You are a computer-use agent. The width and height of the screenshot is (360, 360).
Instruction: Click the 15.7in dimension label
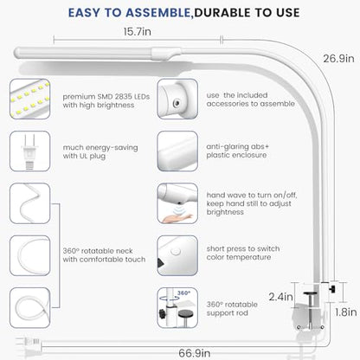pyautogui.click(x=137, y=31)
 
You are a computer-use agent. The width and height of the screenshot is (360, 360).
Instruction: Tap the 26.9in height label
pyautogui.click(x=338, y=59)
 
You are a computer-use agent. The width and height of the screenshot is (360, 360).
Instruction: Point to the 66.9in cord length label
pyautogui.click(x=194, y=353)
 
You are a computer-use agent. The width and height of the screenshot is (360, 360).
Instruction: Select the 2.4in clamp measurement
pyautogui.click(x=280, y=296)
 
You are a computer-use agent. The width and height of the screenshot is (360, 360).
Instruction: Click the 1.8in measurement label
pyautogui.click(x=345, y=312)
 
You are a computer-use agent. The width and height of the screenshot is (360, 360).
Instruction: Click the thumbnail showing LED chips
pyautogui.click(x=30, y=99)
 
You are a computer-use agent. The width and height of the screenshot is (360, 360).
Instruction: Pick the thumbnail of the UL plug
pyautogui.click(x=30, y=151)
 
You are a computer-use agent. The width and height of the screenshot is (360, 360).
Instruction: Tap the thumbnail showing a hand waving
pyautogui.click(x=177, y=203)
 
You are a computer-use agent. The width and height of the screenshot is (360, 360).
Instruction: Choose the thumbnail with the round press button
pyautogui.click(x=177, y=255)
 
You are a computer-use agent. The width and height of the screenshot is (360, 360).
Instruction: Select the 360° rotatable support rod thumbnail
pyautogui.click(x=177, y=308)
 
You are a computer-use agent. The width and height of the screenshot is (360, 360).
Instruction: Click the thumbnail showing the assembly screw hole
pyautogui.click(x=177, y=99)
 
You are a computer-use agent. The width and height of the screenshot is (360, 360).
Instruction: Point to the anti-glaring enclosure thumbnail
pyautogui.click(x=177, y=151)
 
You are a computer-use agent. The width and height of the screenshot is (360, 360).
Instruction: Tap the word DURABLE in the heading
pyautogui.click(x=222, y=13)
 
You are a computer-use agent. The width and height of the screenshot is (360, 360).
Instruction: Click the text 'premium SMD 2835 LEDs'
pyautogui.click(x=106, y=97)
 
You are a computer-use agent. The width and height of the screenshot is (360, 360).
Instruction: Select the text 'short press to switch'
pyautogui.click(x=243, y=248)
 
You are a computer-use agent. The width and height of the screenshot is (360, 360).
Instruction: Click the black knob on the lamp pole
pyautogui.click(x=333, y=289)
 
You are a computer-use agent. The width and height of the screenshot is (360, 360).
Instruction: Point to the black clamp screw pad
pyautogui.click(x=310, y=294)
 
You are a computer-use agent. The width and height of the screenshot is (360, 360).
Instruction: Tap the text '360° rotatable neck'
pyautogui.click(x=98, y=251)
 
